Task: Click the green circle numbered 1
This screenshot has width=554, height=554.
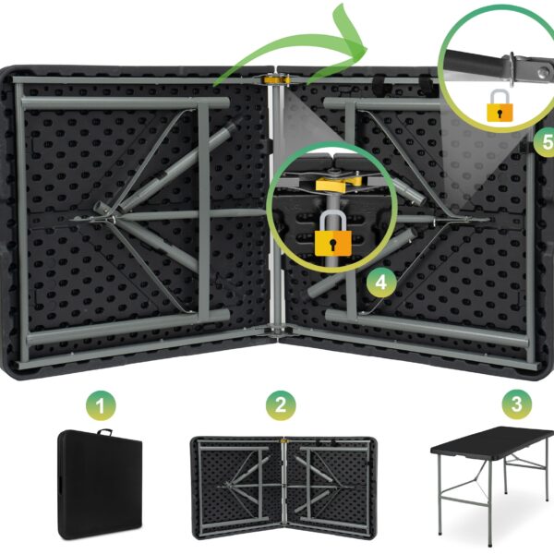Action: (101, 405)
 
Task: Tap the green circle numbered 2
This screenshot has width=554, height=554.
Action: (281, 405)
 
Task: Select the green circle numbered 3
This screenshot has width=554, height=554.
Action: (517, 403)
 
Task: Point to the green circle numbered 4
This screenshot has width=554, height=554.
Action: (381, 283)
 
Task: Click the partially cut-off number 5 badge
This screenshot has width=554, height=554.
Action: (544, 142)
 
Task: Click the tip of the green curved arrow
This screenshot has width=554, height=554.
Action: (367, 48)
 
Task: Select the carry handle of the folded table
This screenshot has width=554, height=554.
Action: (104, 432)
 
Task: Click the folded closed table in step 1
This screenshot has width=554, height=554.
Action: (100, 485)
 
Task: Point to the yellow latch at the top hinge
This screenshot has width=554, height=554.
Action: (277, 79)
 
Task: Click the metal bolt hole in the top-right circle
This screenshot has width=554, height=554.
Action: (543, 73)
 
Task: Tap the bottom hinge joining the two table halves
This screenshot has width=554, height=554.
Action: (277, 331)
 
